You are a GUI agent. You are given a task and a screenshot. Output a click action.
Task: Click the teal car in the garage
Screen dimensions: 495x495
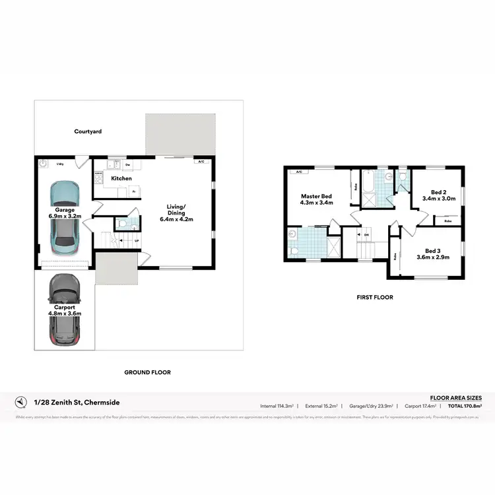65,222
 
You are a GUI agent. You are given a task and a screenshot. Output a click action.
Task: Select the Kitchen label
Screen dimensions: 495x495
121,178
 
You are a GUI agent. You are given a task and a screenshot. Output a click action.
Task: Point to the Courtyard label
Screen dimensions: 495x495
88,132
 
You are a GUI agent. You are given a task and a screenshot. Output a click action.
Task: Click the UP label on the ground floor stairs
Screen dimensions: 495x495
137,241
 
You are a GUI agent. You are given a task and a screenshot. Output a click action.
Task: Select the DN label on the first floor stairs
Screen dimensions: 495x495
366,234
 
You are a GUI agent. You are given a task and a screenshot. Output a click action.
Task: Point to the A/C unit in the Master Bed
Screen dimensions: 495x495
298,172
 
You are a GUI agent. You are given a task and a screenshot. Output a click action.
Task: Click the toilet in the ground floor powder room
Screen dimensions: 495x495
123,224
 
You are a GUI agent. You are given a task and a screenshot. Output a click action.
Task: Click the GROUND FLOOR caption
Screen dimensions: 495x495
147,372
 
